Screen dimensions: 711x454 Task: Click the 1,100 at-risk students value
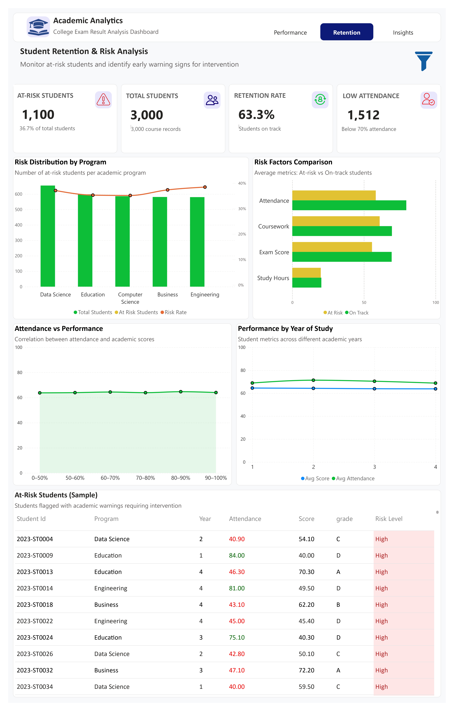(x=38, y=115)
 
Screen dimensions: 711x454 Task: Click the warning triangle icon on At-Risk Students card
(x=103, y=100)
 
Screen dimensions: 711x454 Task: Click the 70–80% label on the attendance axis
(x=145, y=478)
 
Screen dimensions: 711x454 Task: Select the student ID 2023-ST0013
(x=35, y=572)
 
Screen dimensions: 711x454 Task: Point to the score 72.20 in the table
(x=306, y=670)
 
